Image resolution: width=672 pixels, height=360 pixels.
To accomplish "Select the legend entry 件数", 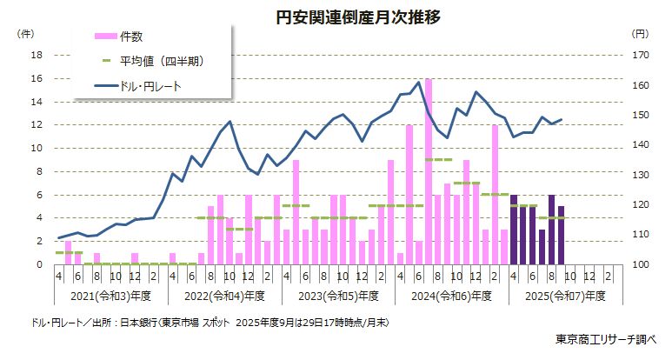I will click(131, 36).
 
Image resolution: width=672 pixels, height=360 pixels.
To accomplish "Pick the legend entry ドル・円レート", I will click(149, 85).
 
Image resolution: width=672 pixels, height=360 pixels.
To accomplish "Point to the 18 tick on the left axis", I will click(37, 55).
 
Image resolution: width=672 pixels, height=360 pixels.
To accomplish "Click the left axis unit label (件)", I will click(26, 33).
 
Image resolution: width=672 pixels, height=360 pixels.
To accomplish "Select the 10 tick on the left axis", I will click(37, 148).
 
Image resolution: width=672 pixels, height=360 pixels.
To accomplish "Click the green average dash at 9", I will click(438, 160).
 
